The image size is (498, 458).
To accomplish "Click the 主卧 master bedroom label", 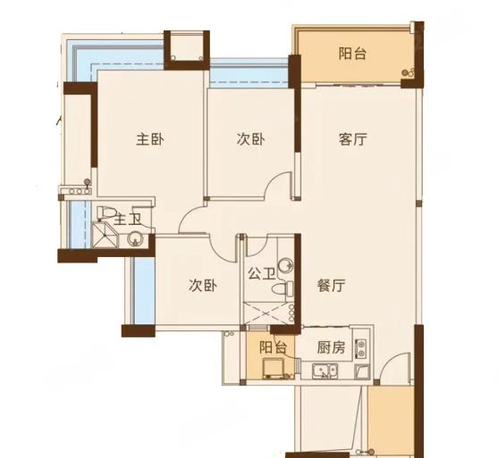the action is point(150,139).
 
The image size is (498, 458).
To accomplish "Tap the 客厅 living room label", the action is point(352,139).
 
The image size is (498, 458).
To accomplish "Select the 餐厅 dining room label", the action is point(331,285).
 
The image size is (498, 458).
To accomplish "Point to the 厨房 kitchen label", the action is point(331,347).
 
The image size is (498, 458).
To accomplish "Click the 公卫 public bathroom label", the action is point(261,273).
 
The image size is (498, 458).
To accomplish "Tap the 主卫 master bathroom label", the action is point(127,219).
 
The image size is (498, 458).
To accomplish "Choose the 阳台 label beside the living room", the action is point(352,54).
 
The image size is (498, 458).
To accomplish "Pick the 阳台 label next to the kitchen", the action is point(274,347).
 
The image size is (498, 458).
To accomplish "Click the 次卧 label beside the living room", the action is point(250,139).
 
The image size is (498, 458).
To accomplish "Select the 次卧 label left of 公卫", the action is point(203,286).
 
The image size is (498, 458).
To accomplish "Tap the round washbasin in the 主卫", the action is point(136,239).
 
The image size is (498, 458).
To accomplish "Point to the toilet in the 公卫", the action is point(282,289).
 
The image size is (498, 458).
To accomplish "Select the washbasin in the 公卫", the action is point(285,266).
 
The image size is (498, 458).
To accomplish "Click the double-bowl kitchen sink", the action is point(325,371).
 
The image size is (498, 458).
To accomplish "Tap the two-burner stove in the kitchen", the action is point(361,349).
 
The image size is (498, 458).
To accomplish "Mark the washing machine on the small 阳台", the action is point(273,368).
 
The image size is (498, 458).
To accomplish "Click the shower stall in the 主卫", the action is point(106,235).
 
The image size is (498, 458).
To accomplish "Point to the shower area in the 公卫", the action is point(266,313).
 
